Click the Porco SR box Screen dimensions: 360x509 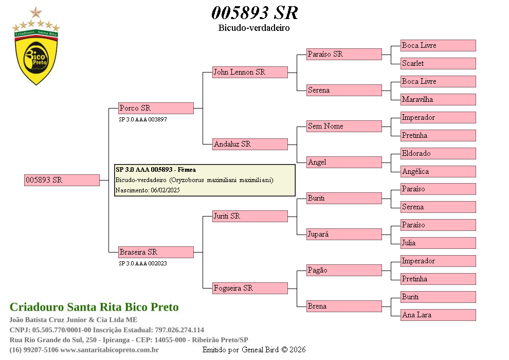click(x=156, y=108)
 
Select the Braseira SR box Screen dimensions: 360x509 click(x=156, y=252)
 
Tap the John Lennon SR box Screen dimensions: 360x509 click(x=250, y=72)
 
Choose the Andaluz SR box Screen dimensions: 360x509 click(x=250, y=144)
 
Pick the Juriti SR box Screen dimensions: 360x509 click(x=250, y=216)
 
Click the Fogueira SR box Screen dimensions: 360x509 click(x=250, y=288)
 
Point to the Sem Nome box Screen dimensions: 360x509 click(x=344, y=126)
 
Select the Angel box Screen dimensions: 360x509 click(x=344, y=162)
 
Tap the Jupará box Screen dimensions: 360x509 click(x=344, y=234)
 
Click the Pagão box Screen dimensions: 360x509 click(x=344, y=270)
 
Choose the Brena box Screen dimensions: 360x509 click(x=344, y=306)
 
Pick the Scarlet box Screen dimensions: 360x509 click(x=438, y=63)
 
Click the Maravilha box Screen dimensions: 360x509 click(x=438, y=99)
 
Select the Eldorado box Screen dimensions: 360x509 click(x=438, y=153)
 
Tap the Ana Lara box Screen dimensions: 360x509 click(x=438, y=315)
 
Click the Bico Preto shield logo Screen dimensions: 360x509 click(x=36, y=54)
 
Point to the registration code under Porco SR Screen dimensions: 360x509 click(x=143, y=119)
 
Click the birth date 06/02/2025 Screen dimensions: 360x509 click(x=165, y=190)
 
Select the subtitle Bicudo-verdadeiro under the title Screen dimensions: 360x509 click(x=254, y=28)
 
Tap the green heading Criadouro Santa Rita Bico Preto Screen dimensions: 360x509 click(x=94, y=307)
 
